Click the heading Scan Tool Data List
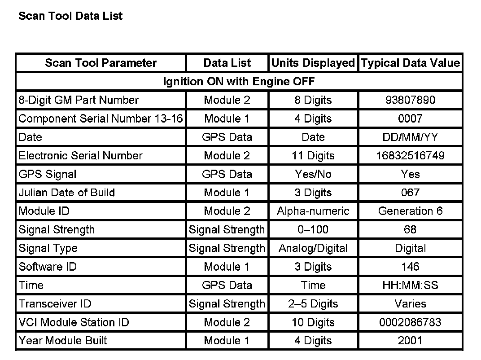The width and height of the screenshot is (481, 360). (70, 16)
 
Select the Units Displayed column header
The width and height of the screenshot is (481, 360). (313, 63)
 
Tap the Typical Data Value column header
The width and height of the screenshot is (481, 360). (411, 63)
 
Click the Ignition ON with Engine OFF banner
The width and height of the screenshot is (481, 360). (239, 82)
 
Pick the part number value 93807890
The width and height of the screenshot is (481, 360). (410, 100)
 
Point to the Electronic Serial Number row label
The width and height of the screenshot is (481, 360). (80, 156)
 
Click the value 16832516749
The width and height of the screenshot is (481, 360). (410, 156)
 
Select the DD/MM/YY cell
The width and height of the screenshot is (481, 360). (410, 137)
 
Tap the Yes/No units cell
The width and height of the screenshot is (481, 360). (313, 174)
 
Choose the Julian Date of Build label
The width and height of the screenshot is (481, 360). (67, 193)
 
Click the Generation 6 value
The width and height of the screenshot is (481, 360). (410, 211)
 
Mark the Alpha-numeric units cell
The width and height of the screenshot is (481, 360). (313, 211)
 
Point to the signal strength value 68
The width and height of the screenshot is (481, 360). (410, 230)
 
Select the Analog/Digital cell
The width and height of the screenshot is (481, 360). (313, 248)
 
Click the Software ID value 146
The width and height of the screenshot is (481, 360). (410, 267)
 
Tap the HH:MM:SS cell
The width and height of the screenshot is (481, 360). (410, 285)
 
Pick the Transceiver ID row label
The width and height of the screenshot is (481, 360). (55, 303)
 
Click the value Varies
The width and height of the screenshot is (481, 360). (410, 303)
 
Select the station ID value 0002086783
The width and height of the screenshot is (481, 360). (410, 322)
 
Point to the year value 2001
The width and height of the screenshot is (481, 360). (410, 341)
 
